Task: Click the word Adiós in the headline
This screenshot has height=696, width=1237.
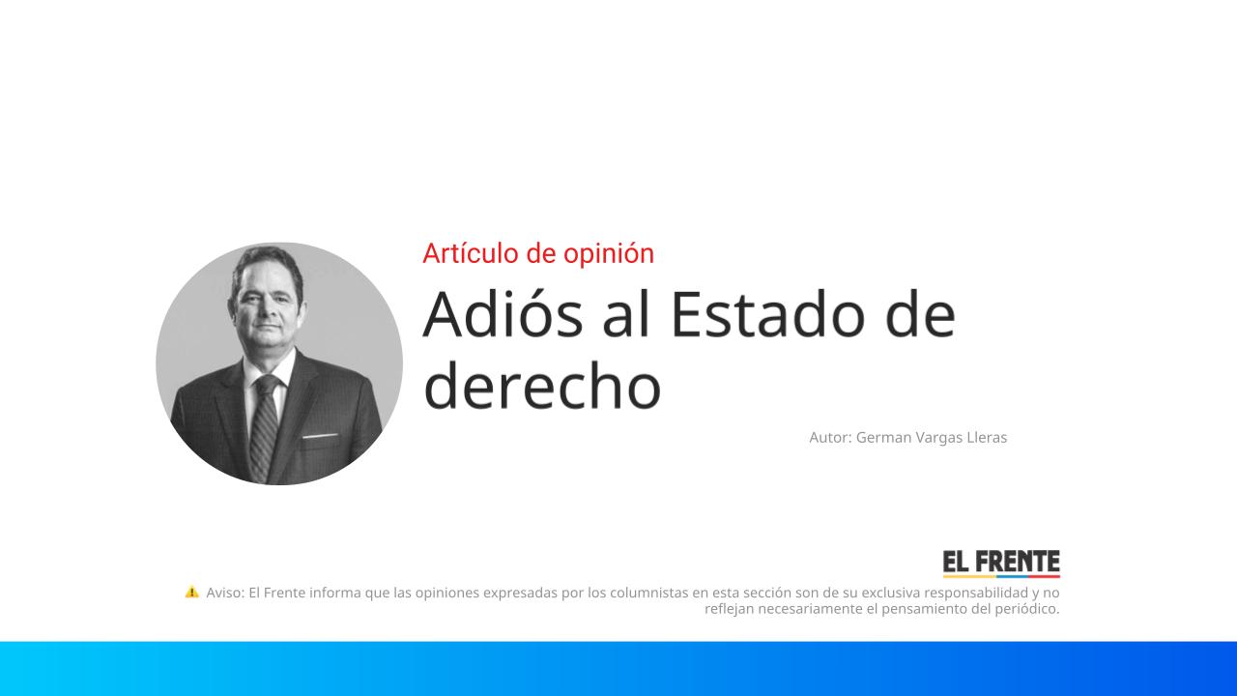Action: [x=503, y=314]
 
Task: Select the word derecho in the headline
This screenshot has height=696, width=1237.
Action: [x=542, y=386]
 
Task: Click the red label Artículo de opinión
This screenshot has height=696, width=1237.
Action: [x=538, y=253]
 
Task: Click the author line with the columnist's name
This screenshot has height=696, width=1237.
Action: [x=907, y=437]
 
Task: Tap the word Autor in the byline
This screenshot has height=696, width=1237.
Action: [x=830, y=437]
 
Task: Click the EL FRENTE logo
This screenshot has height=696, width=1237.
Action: [x=1001, y=564]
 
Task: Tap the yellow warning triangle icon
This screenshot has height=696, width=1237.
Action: [x=192, y=592]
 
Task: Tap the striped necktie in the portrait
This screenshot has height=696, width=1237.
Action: [x=264, y=425]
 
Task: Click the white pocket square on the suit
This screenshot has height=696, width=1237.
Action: [x=318, y=437]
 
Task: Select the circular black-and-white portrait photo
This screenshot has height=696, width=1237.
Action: [x=279, y=363]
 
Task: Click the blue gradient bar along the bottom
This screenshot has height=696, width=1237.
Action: [x=618, y=668]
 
